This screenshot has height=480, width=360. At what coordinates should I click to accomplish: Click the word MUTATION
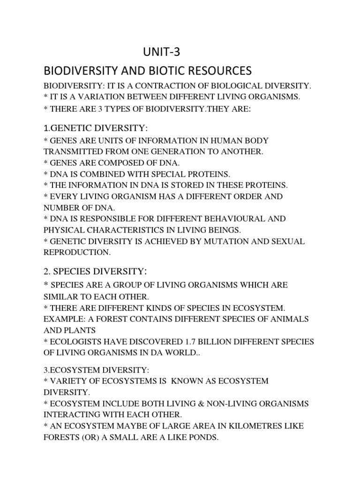coord(233,241)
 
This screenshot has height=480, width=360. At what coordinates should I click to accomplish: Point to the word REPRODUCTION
coord(77,252)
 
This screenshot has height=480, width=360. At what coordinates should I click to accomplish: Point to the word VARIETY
coord(69,381)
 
